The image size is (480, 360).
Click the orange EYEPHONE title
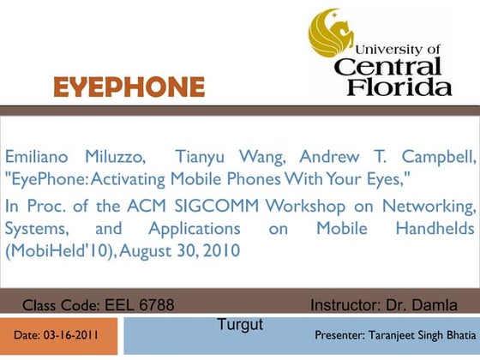click(x=129, y=87)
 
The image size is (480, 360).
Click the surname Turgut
click(x=239, y=323)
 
